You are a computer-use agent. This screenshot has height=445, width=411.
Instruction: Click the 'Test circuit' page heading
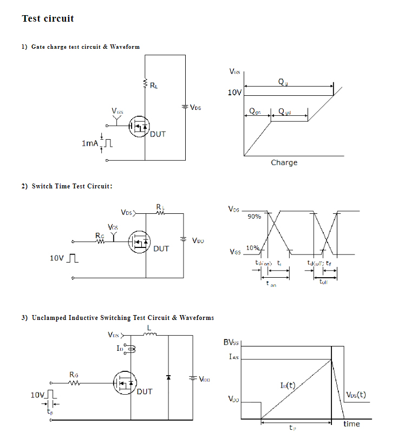click(x=48, y=18)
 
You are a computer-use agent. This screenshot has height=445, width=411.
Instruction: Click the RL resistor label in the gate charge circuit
click(x=154, y=85)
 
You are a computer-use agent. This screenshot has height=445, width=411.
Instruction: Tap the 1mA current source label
click(x=89, y=143)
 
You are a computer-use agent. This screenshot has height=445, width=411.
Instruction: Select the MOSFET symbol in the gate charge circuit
click(x=140, y=127)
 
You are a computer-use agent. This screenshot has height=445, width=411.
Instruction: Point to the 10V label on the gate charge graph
click(x=234, y=93)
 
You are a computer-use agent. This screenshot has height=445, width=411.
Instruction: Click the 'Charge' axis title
click(x=284, y=162)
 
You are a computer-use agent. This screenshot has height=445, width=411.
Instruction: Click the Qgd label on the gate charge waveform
click(x=284, y=112)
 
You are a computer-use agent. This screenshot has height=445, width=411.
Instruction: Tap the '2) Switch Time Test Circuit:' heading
click(x=67, y=186)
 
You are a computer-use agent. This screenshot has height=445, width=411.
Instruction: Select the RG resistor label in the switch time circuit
click(x=100, y=235)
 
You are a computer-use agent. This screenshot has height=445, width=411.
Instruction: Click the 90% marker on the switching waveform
click(x=255, y=217)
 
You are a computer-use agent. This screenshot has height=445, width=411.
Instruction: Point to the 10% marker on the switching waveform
click(x=252, y=248)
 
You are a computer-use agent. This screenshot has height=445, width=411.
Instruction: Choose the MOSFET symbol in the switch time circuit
click(x=139, y=242)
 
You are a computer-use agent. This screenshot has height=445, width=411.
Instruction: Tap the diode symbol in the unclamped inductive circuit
click(x=168, y=377)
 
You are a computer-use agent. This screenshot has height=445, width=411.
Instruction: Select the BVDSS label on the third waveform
click(x=231, y=342)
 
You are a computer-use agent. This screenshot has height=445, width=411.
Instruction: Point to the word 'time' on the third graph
click(x=351, y=424)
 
